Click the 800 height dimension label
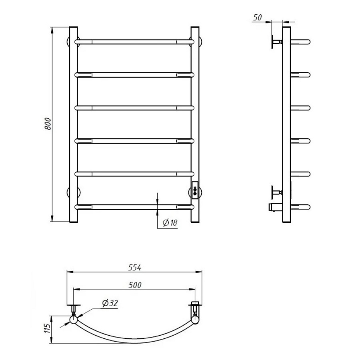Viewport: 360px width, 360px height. [x=48, y=124]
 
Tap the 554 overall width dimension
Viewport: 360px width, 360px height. [x=135, y=268]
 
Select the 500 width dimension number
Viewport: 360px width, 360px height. [x=135, y=285]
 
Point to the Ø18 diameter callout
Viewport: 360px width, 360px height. [x=170, y=222]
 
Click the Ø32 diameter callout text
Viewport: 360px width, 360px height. [x=110, y=303]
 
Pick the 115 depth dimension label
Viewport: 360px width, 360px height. [x=47, y=328]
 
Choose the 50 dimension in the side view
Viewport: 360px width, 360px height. [x=257, y=18]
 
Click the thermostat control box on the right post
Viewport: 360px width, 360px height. [x=195, y=188]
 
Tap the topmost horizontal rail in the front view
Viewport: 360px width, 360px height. [x=134, y=42]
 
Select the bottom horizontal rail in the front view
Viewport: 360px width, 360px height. [x=134, y=207]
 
